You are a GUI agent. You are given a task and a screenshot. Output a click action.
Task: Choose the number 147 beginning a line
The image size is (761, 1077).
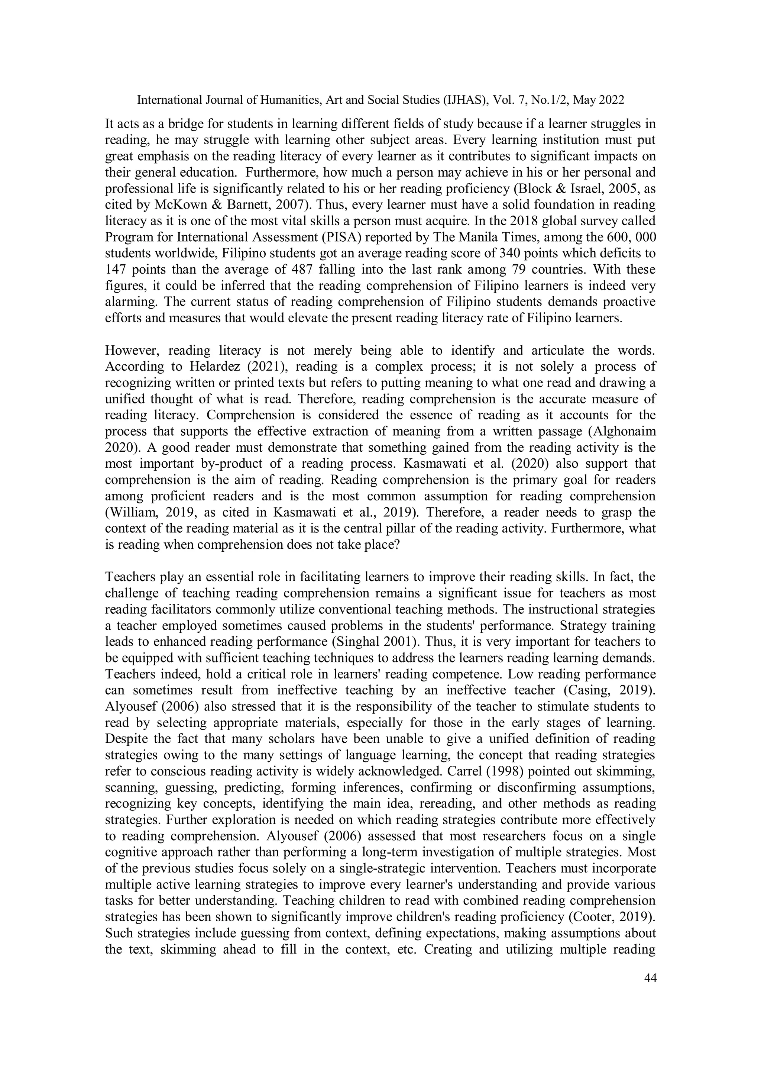pos(116,270)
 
